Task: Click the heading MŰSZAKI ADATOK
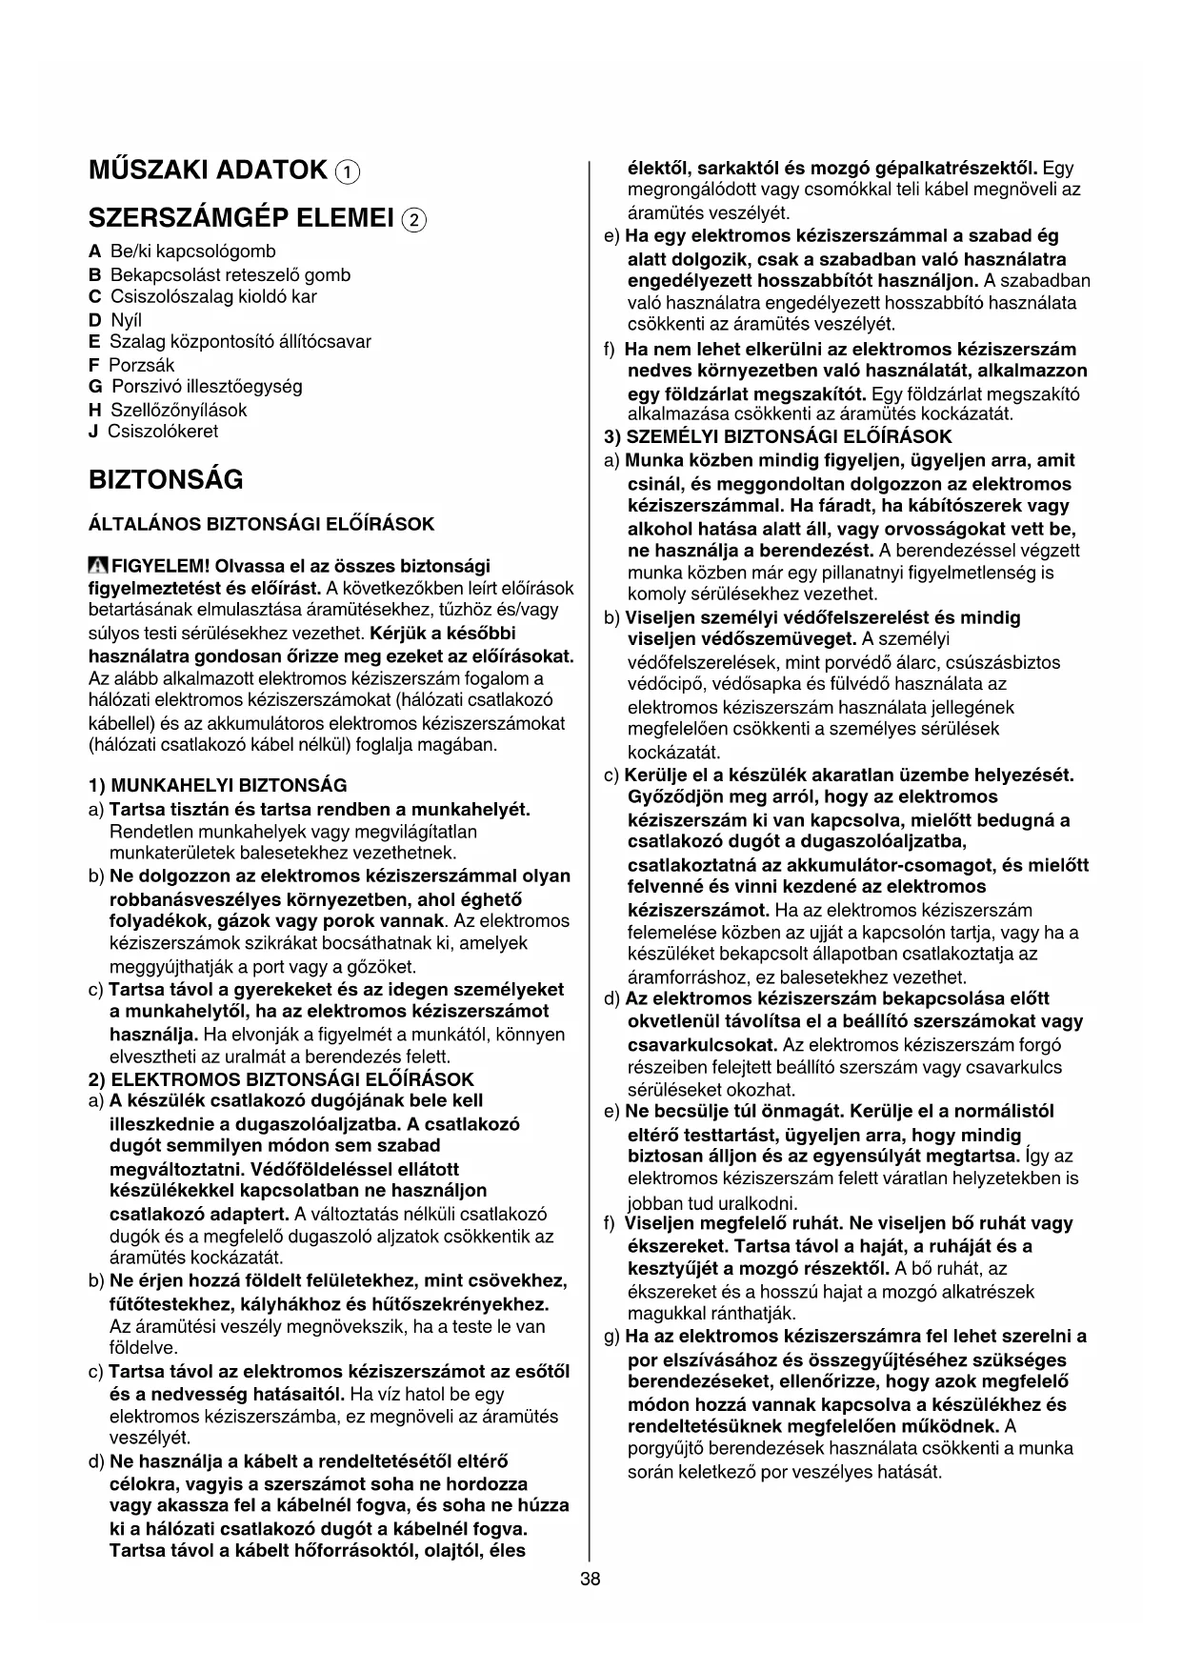coord(208,171)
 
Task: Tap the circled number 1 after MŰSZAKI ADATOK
coord(348,172)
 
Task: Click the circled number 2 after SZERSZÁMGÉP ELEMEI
coord(414,220)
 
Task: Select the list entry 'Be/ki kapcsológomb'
coord(192,252)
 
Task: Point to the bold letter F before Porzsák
coord(93,365)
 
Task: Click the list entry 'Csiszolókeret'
coord(162,432)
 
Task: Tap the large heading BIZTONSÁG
coord(166,479)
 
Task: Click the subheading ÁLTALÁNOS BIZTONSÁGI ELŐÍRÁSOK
coord(261,524)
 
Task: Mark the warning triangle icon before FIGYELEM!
coord(98,566)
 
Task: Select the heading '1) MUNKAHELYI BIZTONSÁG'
coord(217,786)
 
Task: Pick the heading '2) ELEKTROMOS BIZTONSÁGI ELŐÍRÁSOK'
coord(280,1079)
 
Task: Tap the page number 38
coord(591,1580)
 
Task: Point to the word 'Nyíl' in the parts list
coord(126,320)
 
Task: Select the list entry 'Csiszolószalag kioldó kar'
coord(213,296)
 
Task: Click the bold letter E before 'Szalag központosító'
coord(93,341)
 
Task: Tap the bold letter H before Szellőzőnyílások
coord(94,411)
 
